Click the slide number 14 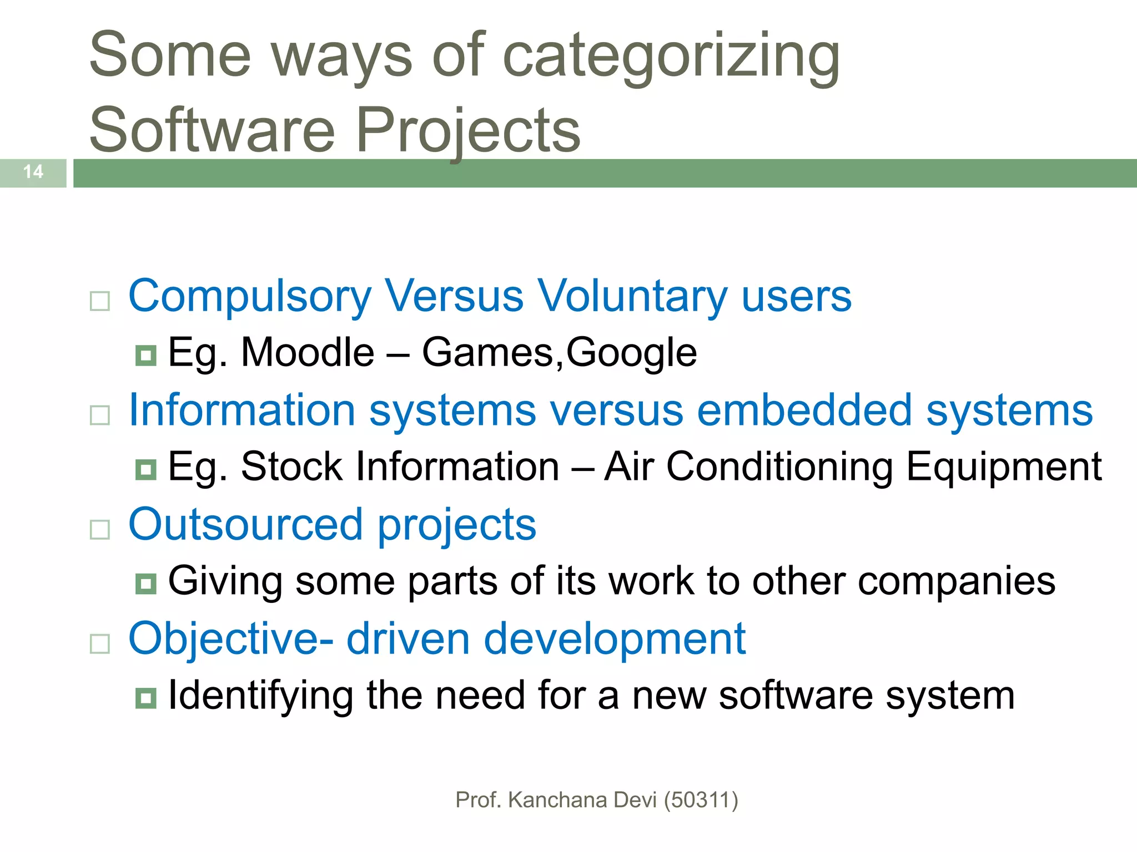click(x=33, y=171)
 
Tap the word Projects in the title click(x=468, y=131)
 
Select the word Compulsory click(x=250, y=297)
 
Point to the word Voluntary click(x=632, y=297)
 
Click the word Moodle click(x=308, y=353)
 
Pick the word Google click(x=631, y=354)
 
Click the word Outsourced click(x=246, y=525)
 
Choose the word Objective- click(x=231, y=639)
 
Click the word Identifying click(x=260, y=697)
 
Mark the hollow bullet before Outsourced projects click(x=100, y=530)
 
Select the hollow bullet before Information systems click(x=100, y=415)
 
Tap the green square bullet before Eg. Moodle click(x=145, y=355)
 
